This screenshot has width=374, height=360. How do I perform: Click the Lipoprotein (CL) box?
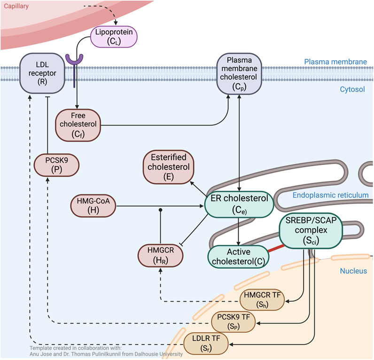click(x=114, y=37)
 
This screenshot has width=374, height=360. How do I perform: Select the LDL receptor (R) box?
click(x=42, y=73)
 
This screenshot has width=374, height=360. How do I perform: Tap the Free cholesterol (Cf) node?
click(x=78, y=125)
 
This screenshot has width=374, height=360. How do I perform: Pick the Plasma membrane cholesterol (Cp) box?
click(x=239, y=74)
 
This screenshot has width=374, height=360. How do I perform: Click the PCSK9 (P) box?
click(x=56, y=165)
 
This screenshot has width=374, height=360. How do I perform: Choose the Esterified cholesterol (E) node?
click(x=168, y=167)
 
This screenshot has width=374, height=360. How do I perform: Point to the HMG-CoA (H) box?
click(x=93, y=206)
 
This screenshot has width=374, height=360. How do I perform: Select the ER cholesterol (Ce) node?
click(x=239, y=204)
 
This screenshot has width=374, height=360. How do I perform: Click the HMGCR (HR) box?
click(x=161, y=256)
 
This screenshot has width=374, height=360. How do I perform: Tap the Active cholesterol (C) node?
click(x=239, y=257)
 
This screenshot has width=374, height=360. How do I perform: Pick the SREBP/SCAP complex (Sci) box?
click(x=311, y=231)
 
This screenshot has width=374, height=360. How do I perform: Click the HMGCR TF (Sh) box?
click(x=262, y=300)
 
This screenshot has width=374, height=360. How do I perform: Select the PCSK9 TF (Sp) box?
click(x=234, y=322)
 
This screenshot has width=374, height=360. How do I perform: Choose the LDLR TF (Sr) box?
click(x=206, y=344)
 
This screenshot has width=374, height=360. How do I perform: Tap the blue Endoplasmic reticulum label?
click(x=331, y=195)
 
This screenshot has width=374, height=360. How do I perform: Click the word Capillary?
click(x=16, y=6)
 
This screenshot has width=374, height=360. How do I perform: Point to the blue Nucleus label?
click(x=353, y=271)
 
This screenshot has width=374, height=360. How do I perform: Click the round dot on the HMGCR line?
click(x=161, y=210)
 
